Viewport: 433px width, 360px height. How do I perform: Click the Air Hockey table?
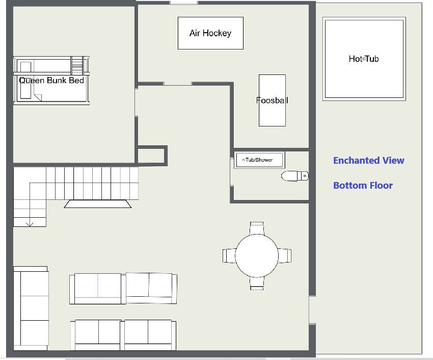210,33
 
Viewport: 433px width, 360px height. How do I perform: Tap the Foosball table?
273,100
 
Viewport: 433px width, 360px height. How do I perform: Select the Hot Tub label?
364,59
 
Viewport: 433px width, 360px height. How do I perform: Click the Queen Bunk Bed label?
51,81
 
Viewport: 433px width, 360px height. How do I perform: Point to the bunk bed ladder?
77,66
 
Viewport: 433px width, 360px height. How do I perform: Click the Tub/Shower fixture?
259,160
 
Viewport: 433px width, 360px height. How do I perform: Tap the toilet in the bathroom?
294,176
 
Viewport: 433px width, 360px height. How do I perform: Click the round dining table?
257,256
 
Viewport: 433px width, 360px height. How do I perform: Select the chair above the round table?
257,228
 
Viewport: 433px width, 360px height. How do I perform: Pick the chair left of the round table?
229,256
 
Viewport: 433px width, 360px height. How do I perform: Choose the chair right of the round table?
284,256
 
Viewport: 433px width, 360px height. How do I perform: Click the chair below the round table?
257,283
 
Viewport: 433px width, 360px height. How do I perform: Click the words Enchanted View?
369,161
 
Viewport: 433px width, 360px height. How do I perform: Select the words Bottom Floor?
363,185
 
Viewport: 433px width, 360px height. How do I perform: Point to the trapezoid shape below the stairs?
98,204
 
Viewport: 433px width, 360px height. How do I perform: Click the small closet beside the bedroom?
151,156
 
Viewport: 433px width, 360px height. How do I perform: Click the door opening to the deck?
312,310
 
